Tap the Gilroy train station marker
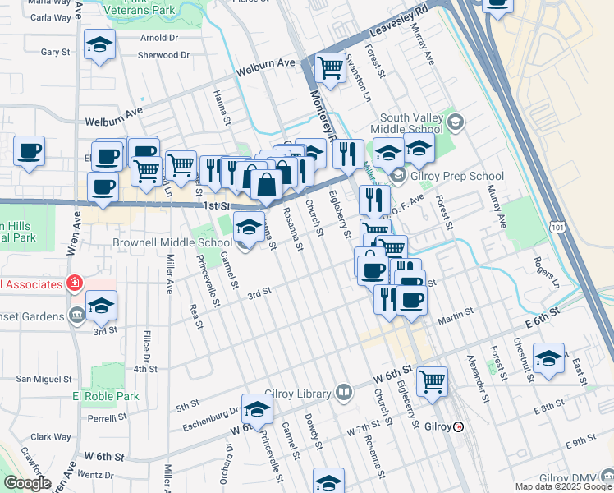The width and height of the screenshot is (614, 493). (458, 426)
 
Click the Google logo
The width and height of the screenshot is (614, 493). (26, 483)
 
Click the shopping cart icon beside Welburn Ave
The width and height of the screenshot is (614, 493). (330, 68)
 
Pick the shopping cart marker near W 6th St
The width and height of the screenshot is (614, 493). (432, 380)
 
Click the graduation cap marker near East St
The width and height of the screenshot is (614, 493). (548, 357)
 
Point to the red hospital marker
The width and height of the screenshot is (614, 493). (74, 283)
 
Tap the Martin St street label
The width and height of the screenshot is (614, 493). (456, 314)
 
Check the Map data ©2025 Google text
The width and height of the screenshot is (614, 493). (563, 486)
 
